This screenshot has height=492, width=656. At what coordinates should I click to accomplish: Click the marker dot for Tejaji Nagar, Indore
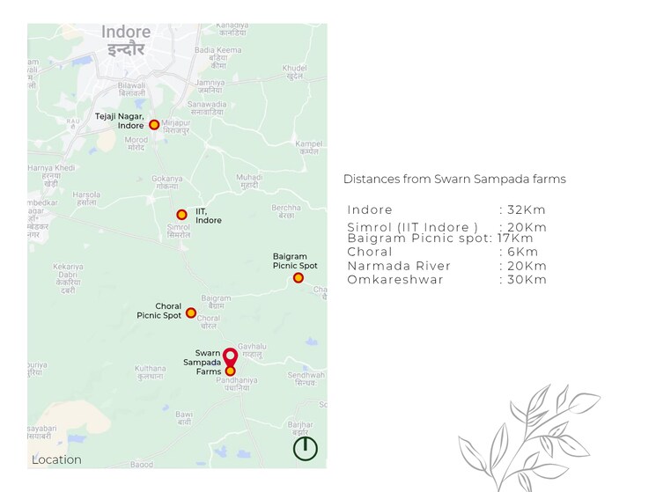(154, 125)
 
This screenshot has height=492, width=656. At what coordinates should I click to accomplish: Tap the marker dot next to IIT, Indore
(181, 215)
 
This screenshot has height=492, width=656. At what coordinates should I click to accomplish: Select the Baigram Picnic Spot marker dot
(299, 278)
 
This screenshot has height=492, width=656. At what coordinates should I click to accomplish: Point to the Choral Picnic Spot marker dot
(191, 312)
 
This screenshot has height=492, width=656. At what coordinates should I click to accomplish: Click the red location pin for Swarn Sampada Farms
(230, 357)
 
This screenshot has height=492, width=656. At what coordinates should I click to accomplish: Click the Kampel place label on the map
(309, 147)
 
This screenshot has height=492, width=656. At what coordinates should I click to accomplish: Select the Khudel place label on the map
(295, 71)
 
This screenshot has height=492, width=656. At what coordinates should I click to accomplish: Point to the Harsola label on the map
(86, 198)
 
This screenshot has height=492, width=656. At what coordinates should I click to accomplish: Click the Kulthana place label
(150, 372)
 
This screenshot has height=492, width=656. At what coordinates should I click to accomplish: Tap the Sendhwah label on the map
(306, 378)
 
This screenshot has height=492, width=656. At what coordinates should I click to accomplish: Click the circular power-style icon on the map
(306, 448)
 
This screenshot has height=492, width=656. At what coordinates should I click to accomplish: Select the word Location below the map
(56, 460)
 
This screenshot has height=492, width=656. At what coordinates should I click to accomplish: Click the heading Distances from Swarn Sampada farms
(454, 180)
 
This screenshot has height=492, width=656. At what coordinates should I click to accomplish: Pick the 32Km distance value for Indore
(527, 209)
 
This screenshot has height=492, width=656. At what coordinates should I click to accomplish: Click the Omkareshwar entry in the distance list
(395, 280)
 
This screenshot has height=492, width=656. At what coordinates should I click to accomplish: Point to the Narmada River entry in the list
(399, 266)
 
